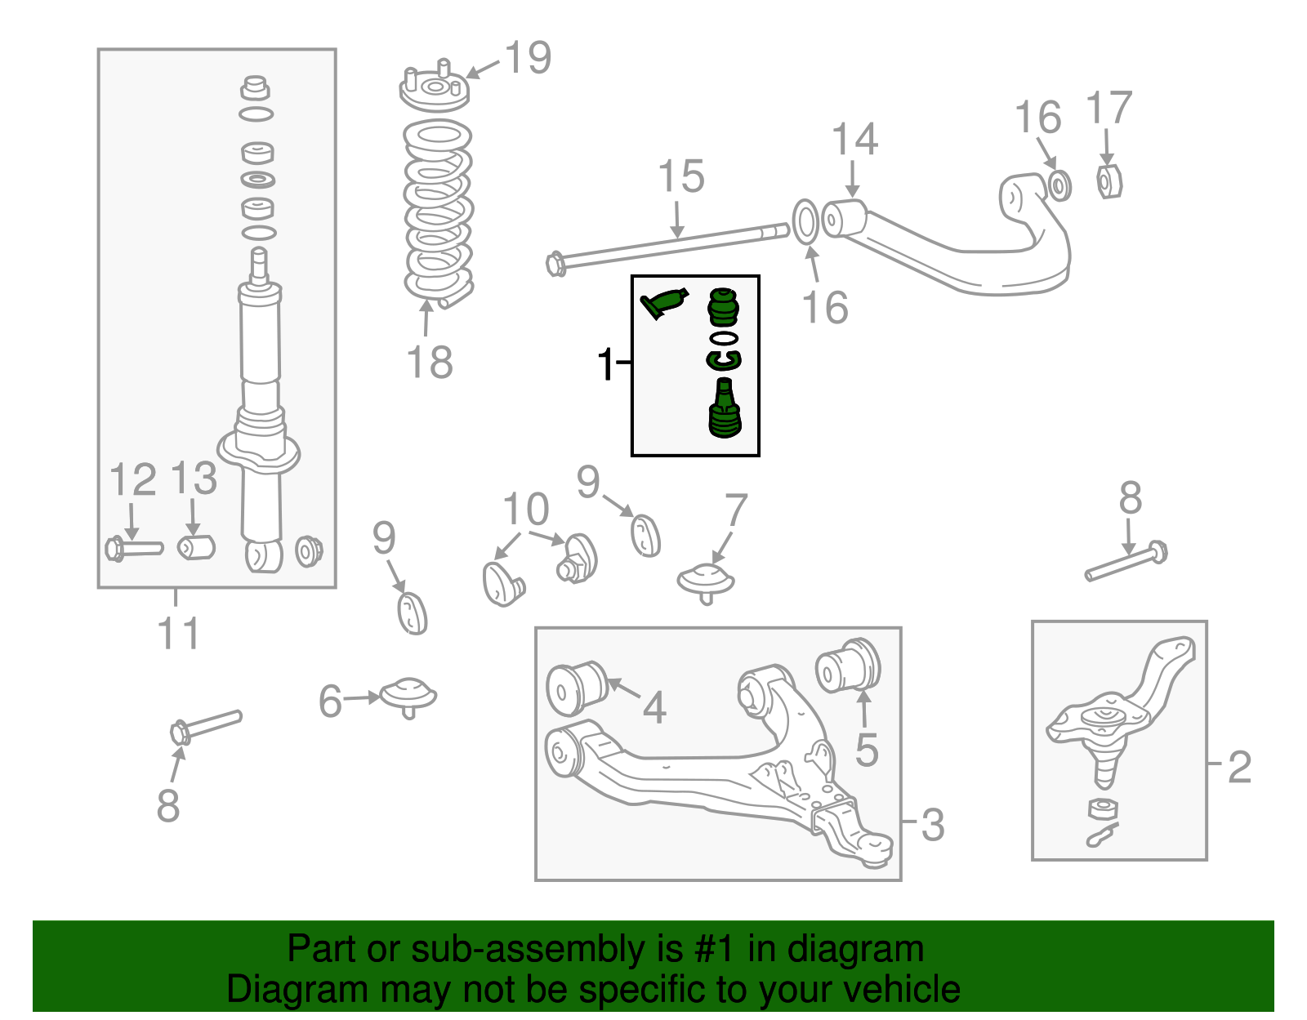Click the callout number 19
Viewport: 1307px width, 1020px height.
528,58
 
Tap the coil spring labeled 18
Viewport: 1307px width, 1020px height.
439,212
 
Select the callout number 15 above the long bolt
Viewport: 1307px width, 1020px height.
680,177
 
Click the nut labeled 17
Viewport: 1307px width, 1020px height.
1108,181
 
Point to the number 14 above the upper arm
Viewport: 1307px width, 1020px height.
854,140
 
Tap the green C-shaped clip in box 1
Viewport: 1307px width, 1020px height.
723,359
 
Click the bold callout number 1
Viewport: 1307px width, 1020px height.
605,364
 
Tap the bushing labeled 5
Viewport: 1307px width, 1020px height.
850,665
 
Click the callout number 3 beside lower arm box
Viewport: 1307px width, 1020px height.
933,825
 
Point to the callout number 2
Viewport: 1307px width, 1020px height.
1239,768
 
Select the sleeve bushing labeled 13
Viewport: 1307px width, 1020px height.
196,546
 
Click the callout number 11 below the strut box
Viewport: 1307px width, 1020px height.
178,634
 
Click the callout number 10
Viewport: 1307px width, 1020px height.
525,510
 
